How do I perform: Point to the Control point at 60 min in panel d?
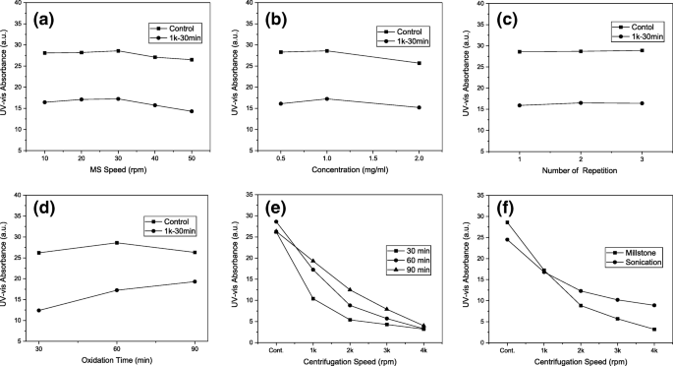point(117,243)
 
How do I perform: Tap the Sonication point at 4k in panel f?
point(653,305)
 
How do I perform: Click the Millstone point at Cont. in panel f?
point(507,222)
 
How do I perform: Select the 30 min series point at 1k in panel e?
point(312,298)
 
